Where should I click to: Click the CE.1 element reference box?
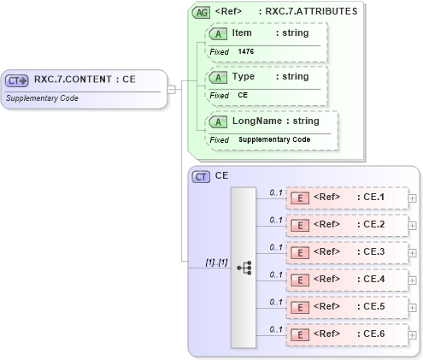pos(346,198)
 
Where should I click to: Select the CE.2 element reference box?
pos(346,225)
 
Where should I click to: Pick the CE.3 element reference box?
pos(346,252)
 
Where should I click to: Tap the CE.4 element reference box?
pos(346,279)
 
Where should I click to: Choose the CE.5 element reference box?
pos(346,306)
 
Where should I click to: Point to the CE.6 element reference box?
pos(346,333)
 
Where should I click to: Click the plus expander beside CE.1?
pos(413,198)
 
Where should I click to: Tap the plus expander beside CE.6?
pos(413,333)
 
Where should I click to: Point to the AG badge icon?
pos(201,12)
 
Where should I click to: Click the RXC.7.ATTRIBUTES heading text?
pos(310,12)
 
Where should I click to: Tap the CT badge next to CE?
pos(202,176)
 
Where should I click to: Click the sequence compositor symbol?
pos(244,267)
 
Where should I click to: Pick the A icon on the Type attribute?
pos(218,77)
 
